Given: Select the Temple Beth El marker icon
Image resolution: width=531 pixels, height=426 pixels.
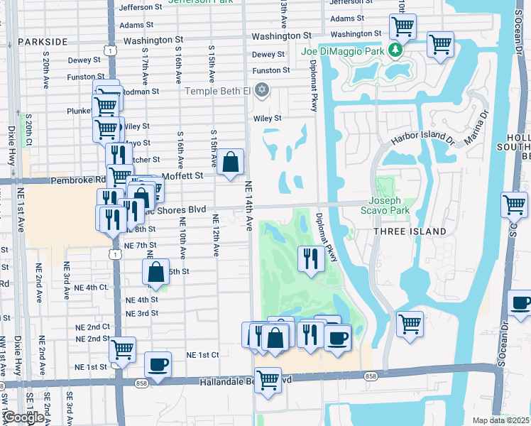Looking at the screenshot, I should [x=263, y=89].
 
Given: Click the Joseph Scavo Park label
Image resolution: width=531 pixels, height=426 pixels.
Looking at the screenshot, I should [x=389, y=206].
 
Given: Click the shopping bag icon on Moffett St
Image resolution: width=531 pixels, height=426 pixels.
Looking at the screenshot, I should [x=231, y=163].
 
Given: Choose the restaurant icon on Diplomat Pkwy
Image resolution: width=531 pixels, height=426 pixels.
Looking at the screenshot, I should [x=310, y=257].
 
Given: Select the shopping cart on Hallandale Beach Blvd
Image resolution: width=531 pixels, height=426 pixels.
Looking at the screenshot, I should [x=268, y=380].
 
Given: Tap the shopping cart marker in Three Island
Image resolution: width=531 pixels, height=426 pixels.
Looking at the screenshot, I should [x=410, y=324].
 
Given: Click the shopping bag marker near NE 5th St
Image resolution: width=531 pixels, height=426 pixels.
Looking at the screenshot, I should [x=156, y=271].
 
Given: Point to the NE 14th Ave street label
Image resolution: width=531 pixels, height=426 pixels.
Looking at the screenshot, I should [x=249, y=205].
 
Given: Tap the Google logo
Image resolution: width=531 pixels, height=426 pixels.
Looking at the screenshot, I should [x=24, y=417].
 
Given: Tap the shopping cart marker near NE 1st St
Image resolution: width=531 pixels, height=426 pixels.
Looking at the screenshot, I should [x=122, y=349].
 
